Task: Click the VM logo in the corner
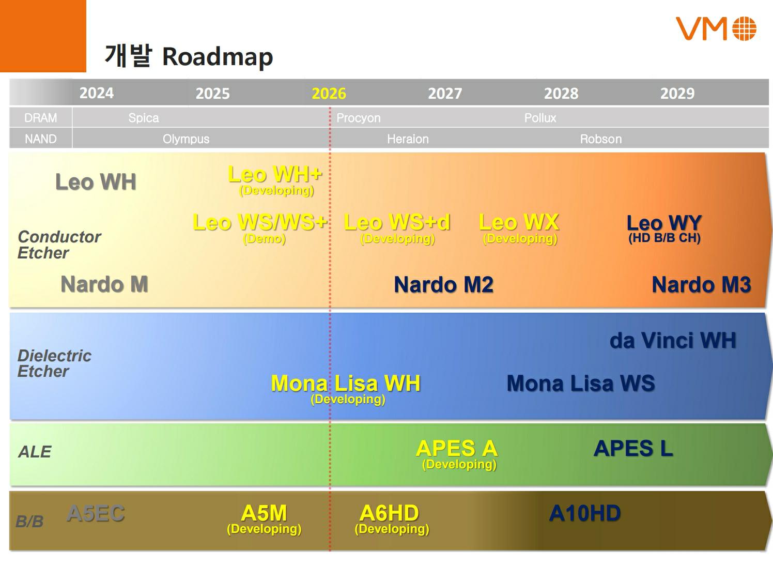point(716,28)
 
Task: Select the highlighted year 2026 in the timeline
point(329,94)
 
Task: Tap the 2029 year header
point(677,94)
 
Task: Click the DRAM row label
point(40,118)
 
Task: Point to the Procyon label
point(359,118)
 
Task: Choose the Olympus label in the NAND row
point(186,139)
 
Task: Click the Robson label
point(601,139)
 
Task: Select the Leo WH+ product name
point(275,174)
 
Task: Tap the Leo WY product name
point(664,223)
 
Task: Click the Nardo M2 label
point(444,284)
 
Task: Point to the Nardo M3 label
point(702,284)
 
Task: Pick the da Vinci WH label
point(673,341)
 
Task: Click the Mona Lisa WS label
point(581,383)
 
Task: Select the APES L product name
point(633,448)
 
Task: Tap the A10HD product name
point(585,513)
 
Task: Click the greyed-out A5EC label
point(96,513)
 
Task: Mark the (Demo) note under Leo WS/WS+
point(264,239)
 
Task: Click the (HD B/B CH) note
point(664,238)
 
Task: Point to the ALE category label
point(35,452)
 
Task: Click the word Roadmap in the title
point(218,56)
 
